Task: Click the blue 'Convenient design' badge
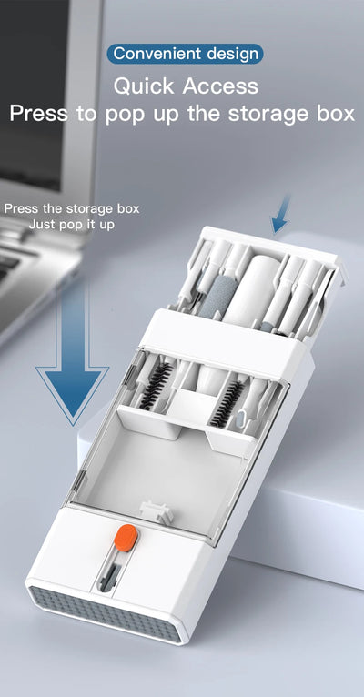pyautogui.click(x=185, y=54)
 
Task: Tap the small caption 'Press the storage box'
pyautogui.click(x=71, y=208)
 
